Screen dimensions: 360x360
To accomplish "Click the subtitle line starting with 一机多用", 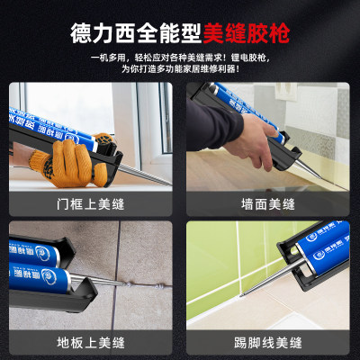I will [x=179, y=58].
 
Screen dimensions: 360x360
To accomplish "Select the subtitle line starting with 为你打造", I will [x=179, y=70].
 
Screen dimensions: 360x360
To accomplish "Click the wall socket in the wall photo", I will [x=288, y=93].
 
